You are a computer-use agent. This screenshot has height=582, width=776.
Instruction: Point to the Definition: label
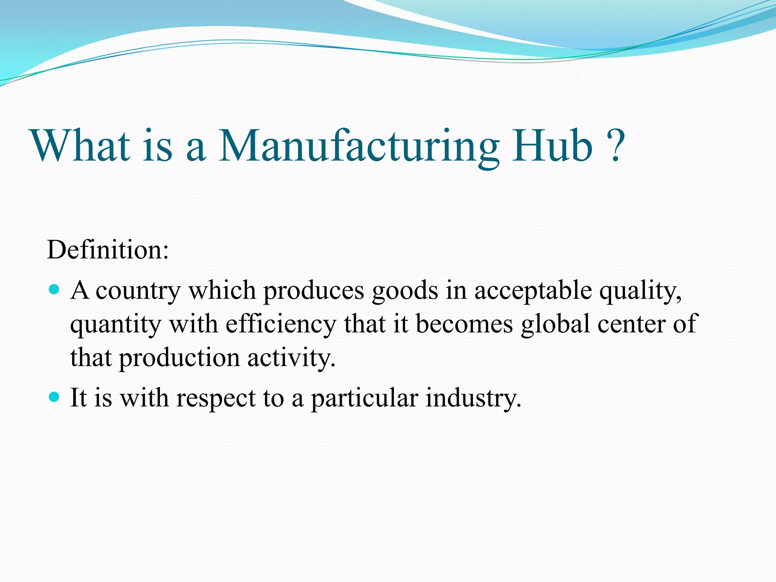click(108, 250)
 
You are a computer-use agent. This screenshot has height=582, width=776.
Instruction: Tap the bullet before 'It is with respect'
click(55, 397)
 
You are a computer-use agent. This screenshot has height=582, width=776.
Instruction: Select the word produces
click(314, 291)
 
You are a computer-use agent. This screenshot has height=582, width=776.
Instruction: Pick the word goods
click(405, 291)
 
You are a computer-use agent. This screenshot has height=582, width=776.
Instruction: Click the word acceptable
click(533, 291)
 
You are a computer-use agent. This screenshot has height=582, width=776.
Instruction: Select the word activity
click(291, 358)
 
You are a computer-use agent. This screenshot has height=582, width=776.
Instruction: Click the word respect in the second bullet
click(216, 399)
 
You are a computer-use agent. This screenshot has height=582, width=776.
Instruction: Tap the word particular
click(365, 399)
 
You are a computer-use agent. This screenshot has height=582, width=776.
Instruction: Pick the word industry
click(473, 399)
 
